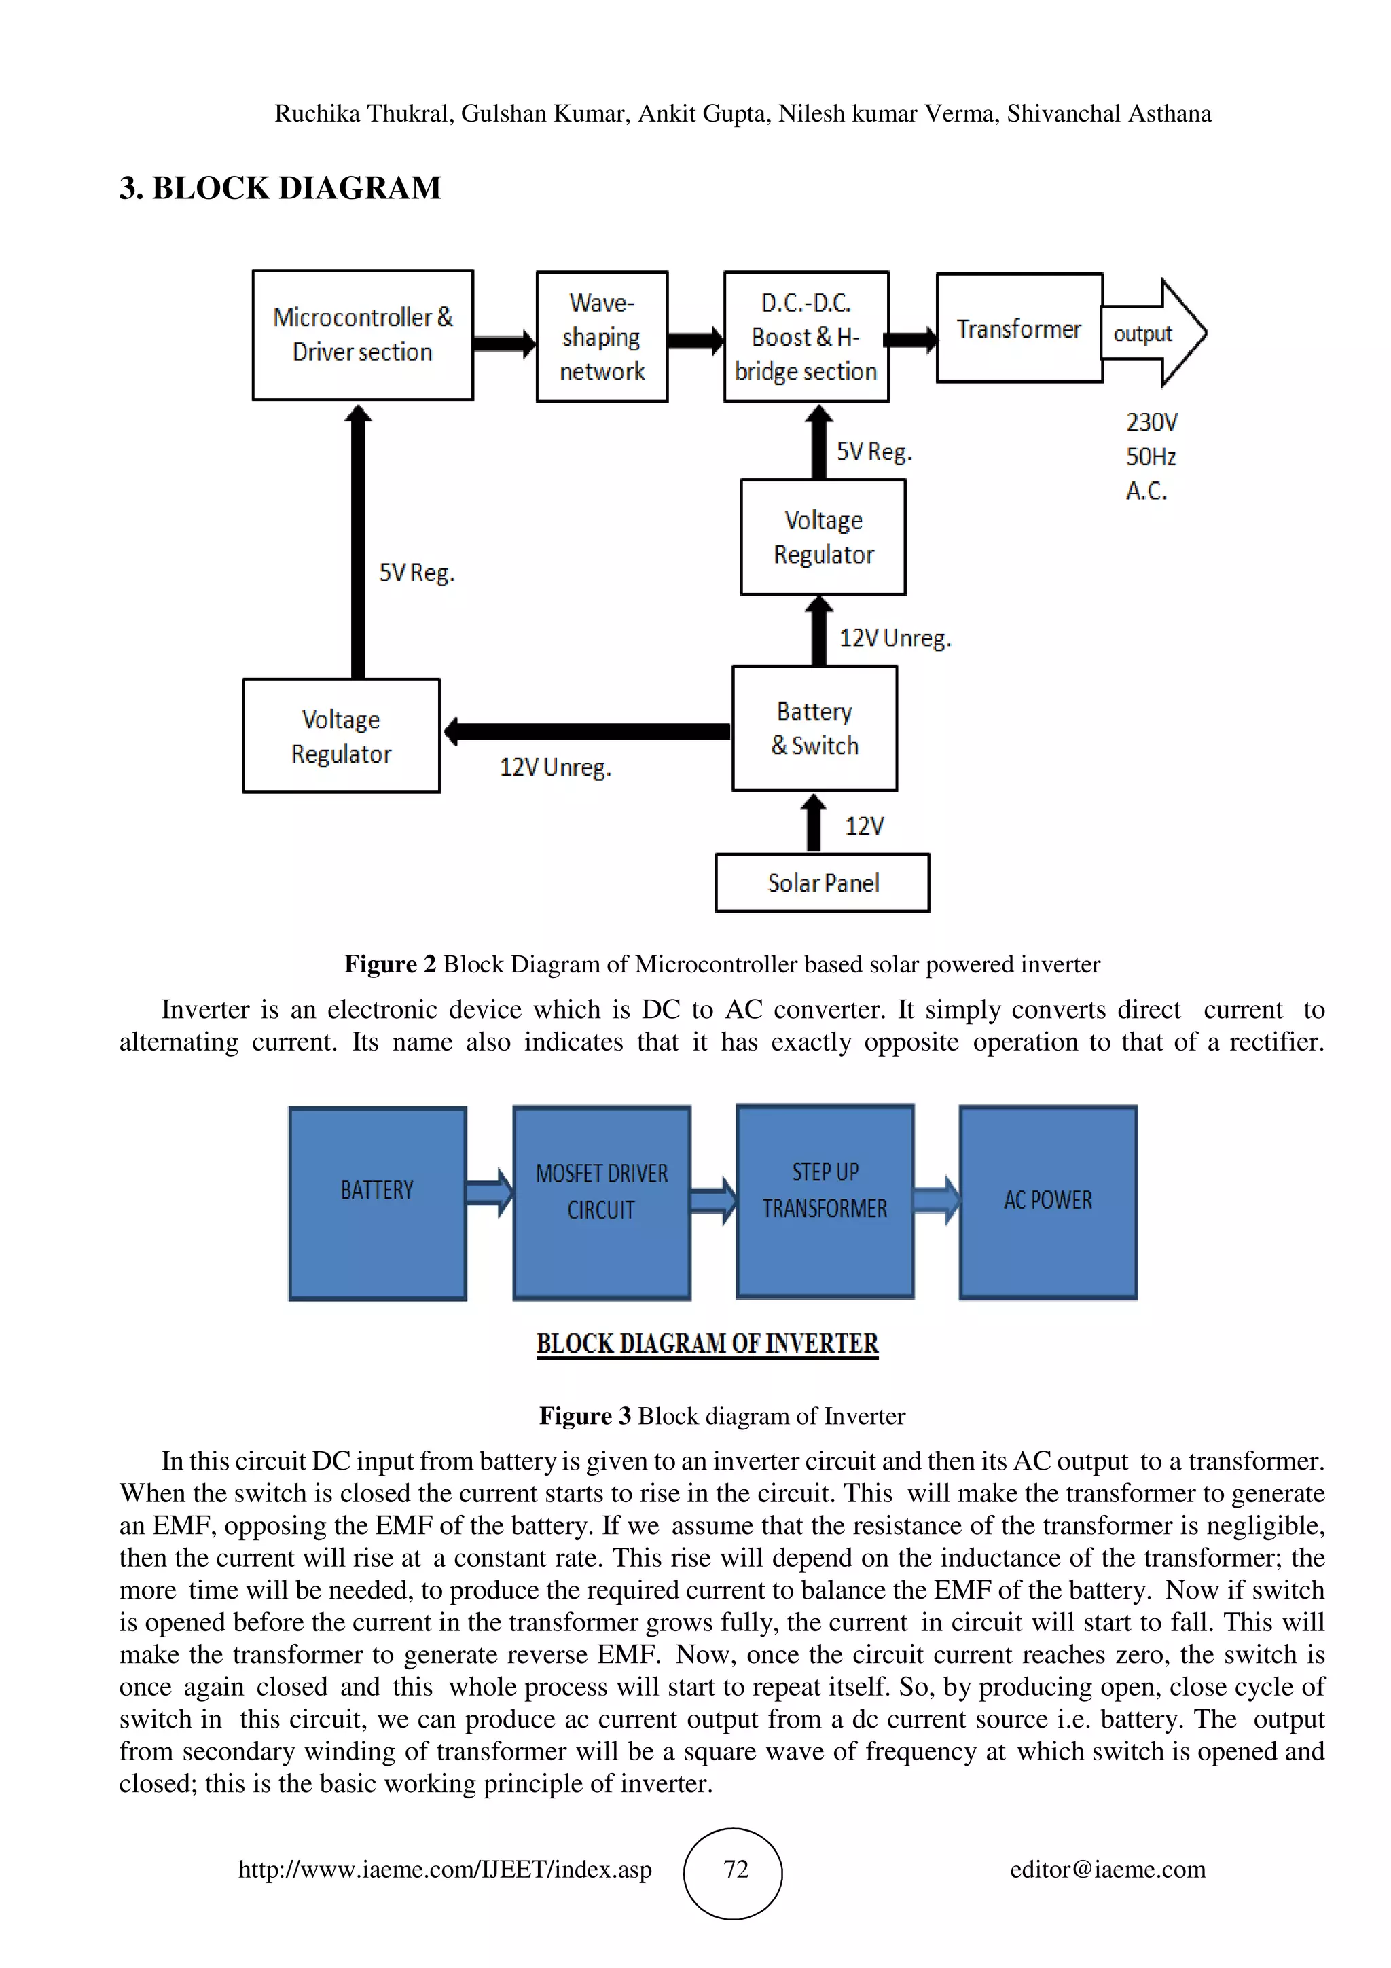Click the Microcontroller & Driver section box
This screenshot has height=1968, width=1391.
(363, 335)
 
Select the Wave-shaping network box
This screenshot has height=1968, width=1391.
(602, 337)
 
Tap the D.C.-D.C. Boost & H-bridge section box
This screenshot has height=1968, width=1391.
(806, 337)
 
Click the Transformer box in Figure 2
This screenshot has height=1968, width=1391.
(1018, 328)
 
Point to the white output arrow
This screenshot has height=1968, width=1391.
(1153, 333)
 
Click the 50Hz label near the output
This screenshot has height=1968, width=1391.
(1150, 456)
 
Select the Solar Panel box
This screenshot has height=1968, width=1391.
(822, 883)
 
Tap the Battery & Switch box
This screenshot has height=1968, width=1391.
(814, 729)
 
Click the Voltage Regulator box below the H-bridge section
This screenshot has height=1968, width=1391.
(823, 537)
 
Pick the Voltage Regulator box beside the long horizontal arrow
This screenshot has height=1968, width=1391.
(341, 736)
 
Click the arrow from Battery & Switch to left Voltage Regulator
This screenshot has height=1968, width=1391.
(587, 731)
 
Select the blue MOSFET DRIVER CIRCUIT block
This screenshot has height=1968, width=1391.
(602, 1203)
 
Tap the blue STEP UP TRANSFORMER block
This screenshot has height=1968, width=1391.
(825, 1201)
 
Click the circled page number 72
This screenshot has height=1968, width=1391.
(734, 1869)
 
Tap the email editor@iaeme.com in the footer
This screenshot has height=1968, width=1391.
(1107, 1869)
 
